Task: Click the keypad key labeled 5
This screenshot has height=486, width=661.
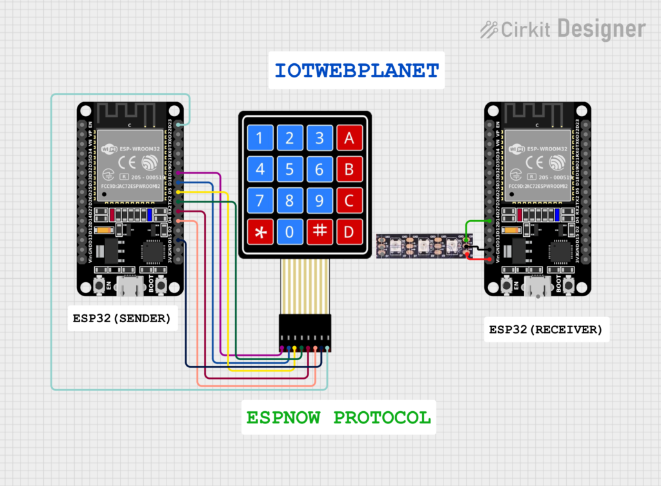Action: coord(290,169)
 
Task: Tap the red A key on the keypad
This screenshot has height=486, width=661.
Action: coord(349,137)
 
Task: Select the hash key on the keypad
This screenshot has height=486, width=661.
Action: coord(320,232)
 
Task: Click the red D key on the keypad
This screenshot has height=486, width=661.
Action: coord(349,232)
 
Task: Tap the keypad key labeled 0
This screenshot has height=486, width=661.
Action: coord(290,232)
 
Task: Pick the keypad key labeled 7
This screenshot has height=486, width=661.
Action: coord(260,201)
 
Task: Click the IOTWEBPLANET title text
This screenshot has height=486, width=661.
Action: coord(356,70)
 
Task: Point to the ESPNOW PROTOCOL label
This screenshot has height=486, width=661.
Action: coord(338,418)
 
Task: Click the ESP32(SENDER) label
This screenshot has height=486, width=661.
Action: coord(122,318)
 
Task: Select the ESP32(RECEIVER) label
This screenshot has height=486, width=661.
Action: coord(545,330)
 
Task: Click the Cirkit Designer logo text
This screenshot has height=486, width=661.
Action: coord(563,29)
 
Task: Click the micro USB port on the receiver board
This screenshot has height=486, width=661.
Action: coord(538,284)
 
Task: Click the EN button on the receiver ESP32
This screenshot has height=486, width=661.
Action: coord(507,285)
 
